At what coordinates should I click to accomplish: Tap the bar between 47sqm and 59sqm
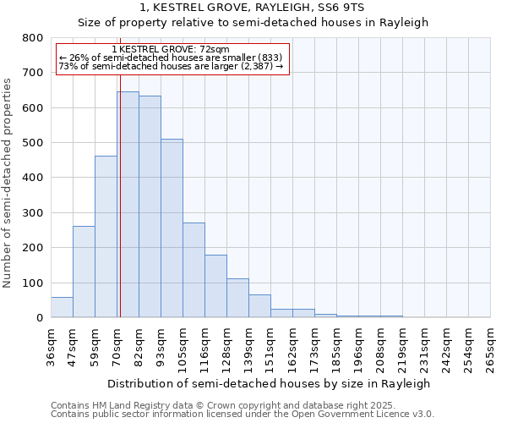pyautogui.click(x=84, y=272)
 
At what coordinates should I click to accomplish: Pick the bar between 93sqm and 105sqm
pyautogui.click(x=172, y=228)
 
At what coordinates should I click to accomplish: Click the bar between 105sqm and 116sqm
pyautogui.click(x=194, y=270)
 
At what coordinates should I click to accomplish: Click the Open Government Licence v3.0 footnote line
pyautogui.click(x=243, y=415)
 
